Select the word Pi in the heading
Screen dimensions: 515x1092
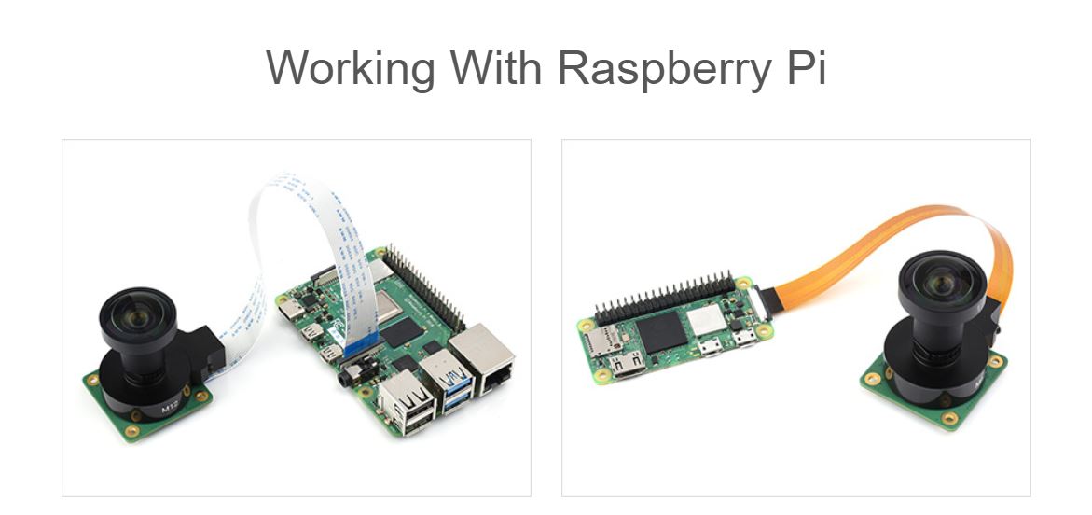[805, 68]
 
